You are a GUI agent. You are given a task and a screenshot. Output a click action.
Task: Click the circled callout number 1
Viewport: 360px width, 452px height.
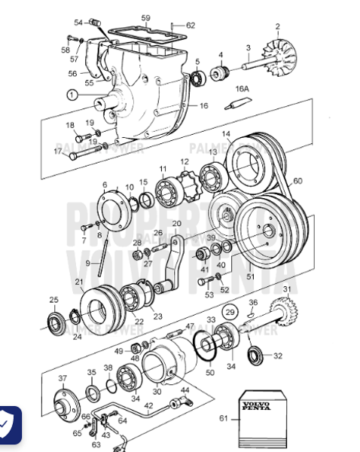tap(71, 95)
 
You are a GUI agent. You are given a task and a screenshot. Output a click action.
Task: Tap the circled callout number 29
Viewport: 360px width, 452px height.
tap(228, 312)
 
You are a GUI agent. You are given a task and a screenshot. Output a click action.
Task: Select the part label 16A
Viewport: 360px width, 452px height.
tap(242, 89)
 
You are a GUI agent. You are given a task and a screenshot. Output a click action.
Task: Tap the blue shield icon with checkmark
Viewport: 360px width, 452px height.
tap(8, 426)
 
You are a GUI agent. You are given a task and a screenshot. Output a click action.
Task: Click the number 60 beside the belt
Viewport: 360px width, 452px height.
tap(297, 182)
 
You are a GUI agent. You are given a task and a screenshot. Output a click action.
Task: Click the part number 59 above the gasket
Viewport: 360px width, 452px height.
tap(145, 17)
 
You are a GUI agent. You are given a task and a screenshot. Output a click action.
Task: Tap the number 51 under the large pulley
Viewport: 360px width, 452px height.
tap(251, 276)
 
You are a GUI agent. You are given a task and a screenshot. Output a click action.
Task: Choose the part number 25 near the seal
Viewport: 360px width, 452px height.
tap(53, 300)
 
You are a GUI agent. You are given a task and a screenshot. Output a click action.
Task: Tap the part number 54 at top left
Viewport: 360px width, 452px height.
tap(78, 23)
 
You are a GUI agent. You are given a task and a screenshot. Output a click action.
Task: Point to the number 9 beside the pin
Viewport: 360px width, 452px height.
tap(87, 263)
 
